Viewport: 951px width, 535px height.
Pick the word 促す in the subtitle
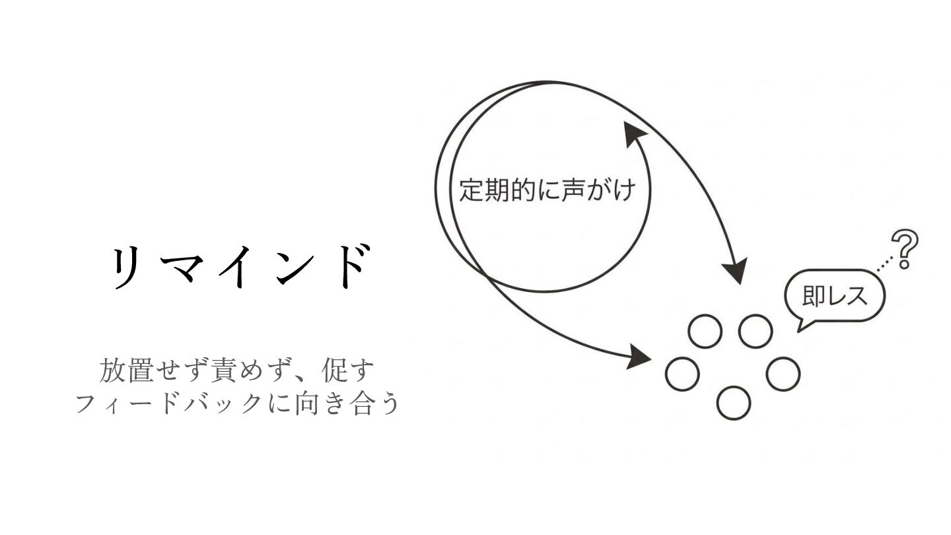(x=347, y=371)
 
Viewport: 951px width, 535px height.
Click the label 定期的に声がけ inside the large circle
(x=547, y=191)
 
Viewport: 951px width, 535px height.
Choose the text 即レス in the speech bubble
(x=835, y=296)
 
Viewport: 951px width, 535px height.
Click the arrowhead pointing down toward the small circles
(x=734, y=271)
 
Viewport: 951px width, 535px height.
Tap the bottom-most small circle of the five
(x=733, y=402)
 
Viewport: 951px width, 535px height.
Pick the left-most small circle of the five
(x=682, y=373)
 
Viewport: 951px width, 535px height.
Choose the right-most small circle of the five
(x=783, y=373)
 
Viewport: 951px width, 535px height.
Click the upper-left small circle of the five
(x=705, y=331)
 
